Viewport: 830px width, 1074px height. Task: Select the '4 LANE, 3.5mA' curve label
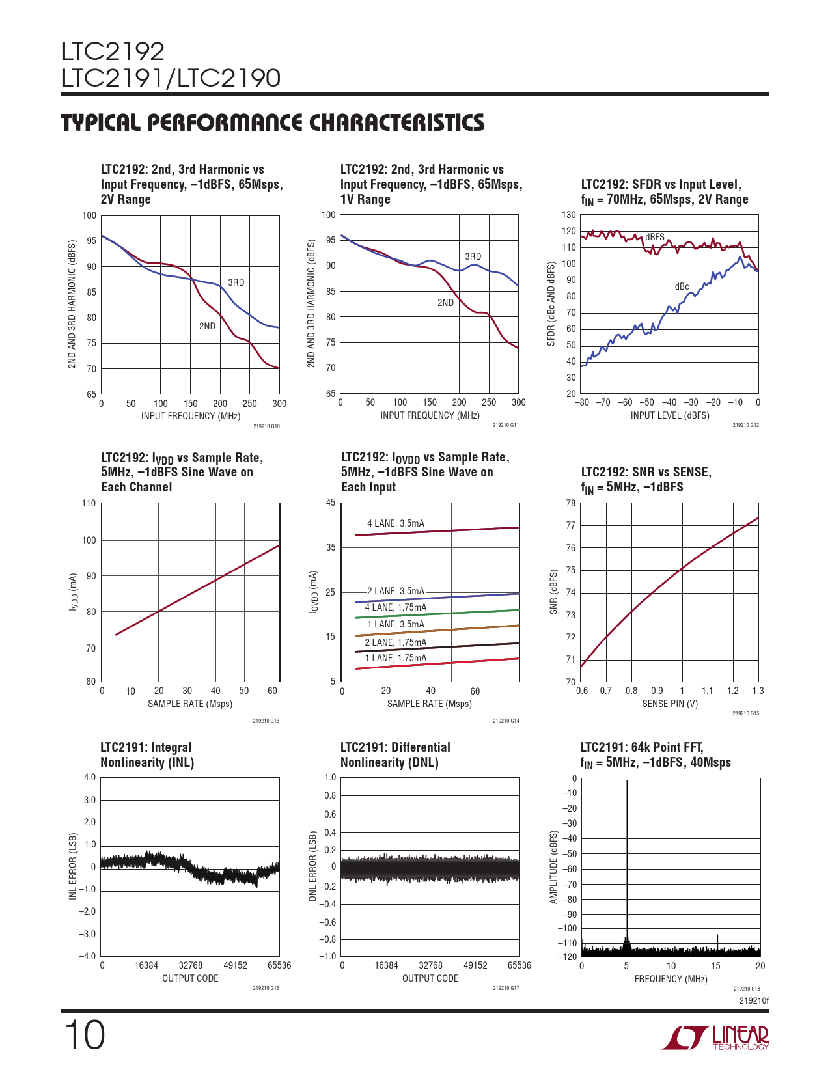395,523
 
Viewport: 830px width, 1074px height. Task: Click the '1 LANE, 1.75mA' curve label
395,658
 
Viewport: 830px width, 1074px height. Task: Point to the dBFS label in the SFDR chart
654,237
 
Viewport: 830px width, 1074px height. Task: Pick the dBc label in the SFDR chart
682,286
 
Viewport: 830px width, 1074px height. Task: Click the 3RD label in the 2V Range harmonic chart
236,282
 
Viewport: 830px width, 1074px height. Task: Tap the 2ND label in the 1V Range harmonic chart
445,303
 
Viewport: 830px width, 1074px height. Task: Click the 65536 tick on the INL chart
279,965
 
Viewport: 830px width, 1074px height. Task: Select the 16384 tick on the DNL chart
386,965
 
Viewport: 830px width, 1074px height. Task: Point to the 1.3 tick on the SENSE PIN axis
758,691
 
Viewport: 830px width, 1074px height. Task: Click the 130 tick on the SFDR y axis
569,215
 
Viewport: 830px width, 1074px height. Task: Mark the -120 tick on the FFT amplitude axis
568,957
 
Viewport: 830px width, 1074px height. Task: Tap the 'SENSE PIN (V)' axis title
670,704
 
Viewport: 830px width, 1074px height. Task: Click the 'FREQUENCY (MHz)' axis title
671,979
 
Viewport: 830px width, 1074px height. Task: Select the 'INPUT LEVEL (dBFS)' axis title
670,415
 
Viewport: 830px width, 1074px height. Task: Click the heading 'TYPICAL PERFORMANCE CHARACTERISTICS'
273,122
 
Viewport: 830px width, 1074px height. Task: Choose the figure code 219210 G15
745,713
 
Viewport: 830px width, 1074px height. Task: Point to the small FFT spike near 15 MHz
717,941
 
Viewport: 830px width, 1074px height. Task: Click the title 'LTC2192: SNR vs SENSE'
646,472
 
